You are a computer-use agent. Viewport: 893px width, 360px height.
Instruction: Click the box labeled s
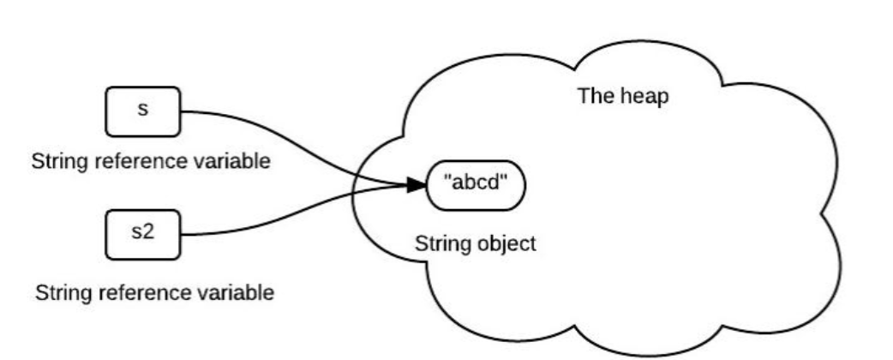143,111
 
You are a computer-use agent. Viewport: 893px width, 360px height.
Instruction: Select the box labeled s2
143,233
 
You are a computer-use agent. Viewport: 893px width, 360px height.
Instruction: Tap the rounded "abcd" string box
475,184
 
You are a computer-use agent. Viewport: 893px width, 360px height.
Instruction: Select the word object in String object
512,243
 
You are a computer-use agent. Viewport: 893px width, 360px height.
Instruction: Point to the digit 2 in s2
148,233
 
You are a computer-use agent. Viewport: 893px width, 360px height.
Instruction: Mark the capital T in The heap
583,95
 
